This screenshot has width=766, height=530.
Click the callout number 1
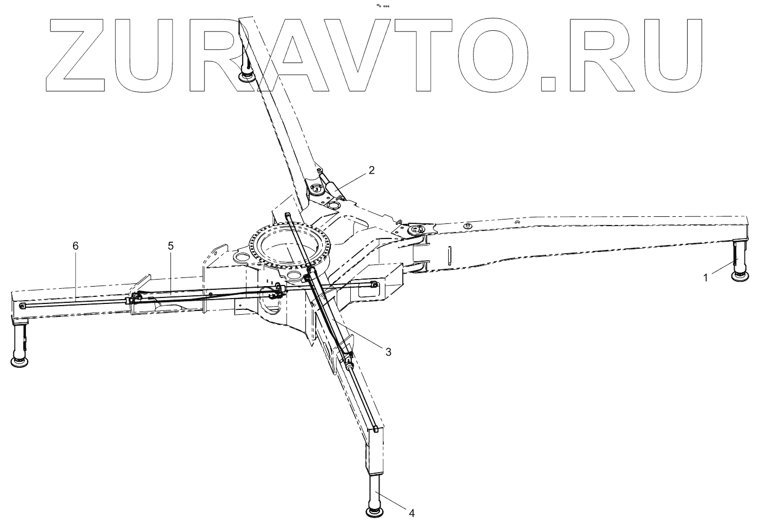click(705, 277)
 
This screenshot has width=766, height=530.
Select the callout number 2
click(371, 170)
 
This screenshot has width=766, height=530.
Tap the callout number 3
click(388, 352)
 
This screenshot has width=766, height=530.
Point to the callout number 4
click(412, 512)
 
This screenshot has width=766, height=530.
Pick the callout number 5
click(171, 246)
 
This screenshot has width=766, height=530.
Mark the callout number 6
click(76, 246)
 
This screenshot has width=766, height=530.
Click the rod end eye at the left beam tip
click(22, 306)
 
